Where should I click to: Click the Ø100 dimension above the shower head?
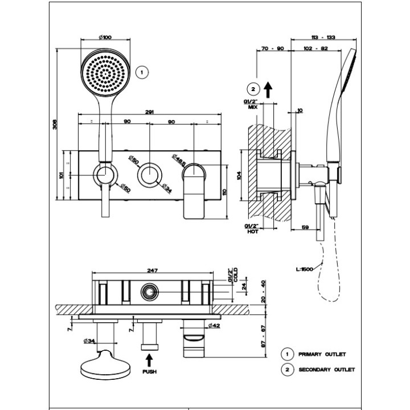pyautogui.click(x=105, y=38)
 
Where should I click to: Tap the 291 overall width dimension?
pyautogui.click(x=149, y=112)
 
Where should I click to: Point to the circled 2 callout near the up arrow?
pyautogui.click(x=253, y=89)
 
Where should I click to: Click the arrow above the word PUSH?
pyautogui.click(x=149, y=360)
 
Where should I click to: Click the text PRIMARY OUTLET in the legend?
pyautogui.click(x=322, y=354)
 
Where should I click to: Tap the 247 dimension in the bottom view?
pyautogui.click(x=152, y=271)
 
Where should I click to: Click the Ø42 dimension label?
pyautogui.click(x=214, y=325)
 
